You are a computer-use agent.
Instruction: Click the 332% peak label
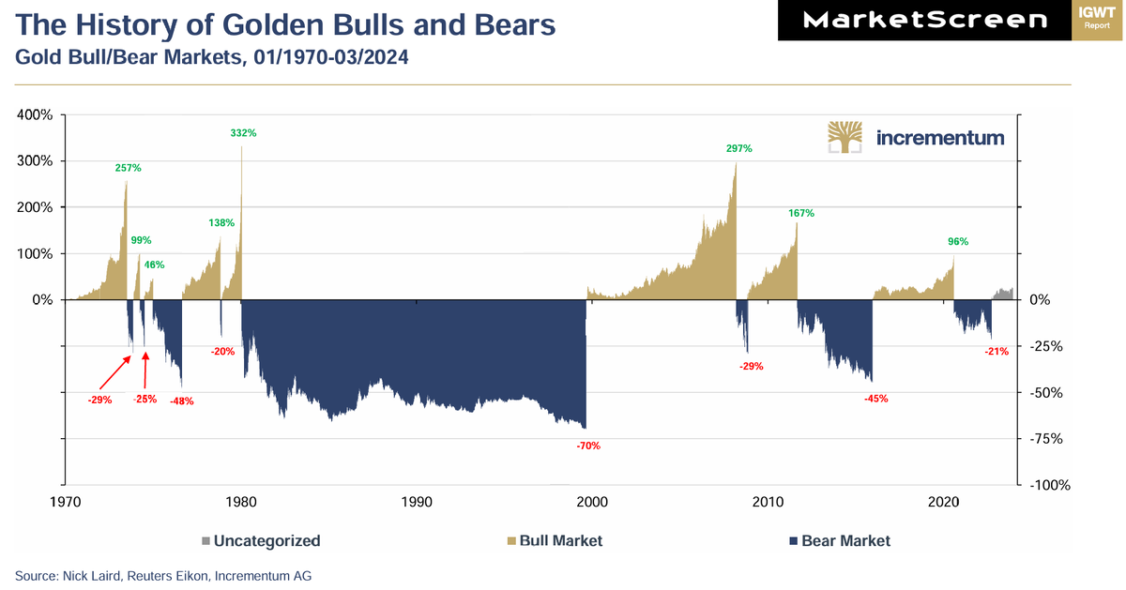[x=243, y=133]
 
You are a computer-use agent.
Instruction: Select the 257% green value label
[x=129, y=168]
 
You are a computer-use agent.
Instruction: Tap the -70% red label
[x=588, y=446]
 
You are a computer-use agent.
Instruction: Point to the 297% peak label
[x=739, y=148]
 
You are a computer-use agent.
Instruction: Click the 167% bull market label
[x=801, y=213]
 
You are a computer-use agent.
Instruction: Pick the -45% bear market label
[x=875, y=399]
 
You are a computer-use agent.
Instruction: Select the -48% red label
[x=182, y=401]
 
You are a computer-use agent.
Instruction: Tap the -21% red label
[x=997, y=352]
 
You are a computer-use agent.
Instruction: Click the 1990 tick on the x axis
[x=417, y=502]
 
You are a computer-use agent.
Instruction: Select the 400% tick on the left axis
[x=36, y=114]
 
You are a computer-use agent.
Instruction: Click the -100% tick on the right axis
[x=1051, y=486]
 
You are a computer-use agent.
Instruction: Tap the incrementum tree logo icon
[x=845, y=137]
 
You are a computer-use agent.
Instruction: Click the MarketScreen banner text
[x=926, y=20]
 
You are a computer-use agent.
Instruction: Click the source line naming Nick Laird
[x=163, y=576]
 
